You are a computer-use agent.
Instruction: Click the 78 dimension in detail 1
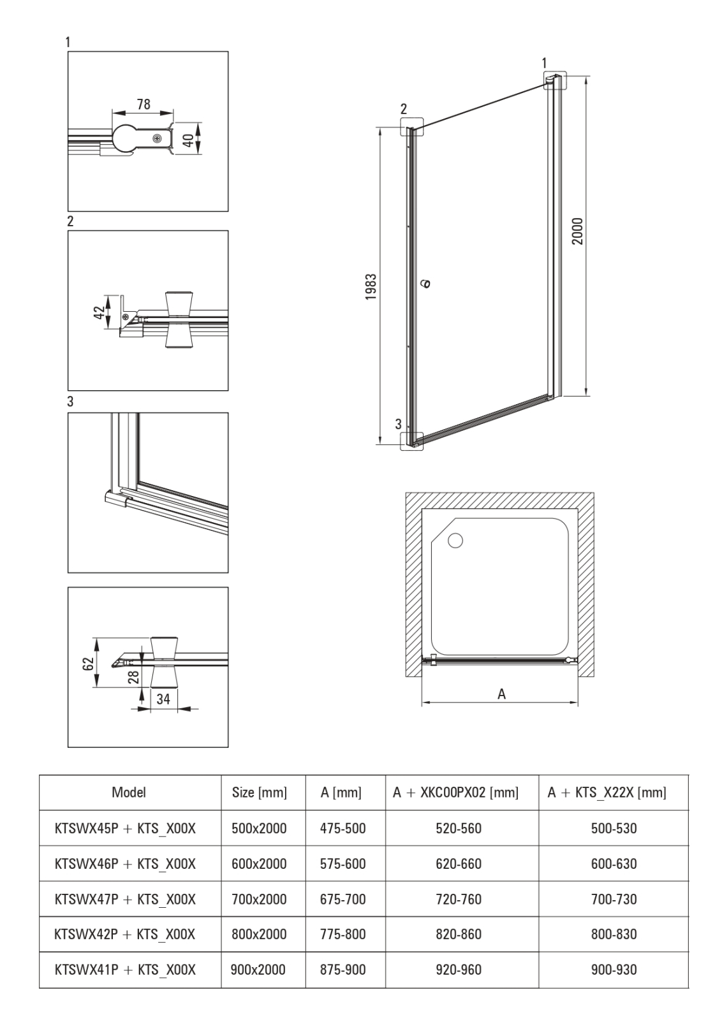tap(144, 104)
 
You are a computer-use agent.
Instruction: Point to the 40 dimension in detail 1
tap(188, 139)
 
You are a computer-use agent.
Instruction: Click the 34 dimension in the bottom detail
tap(163, 699)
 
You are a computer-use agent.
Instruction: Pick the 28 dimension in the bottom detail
tap(133, 676)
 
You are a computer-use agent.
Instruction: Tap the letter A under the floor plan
tap(501, 694)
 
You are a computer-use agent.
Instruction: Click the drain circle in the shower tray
tap(455, 541)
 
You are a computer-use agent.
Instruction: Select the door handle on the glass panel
tap(426, 283)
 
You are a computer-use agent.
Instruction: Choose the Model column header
tap(129, 792)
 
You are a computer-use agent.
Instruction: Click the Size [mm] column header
tap(260, 793)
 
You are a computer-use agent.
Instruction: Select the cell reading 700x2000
tap(259, 899)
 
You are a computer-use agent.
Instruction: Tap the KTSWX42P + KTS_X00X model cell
tap(126, 934)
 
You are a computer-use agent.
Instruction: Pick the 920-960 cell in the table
tap(459, 970)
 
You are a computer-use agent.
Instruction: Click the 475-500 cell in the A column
tap(343, 828)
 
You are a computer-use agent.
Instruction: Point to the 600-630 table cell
tap(614, 864)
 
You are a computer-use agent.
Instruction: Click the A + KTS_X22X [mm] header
tap(607, 793)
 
